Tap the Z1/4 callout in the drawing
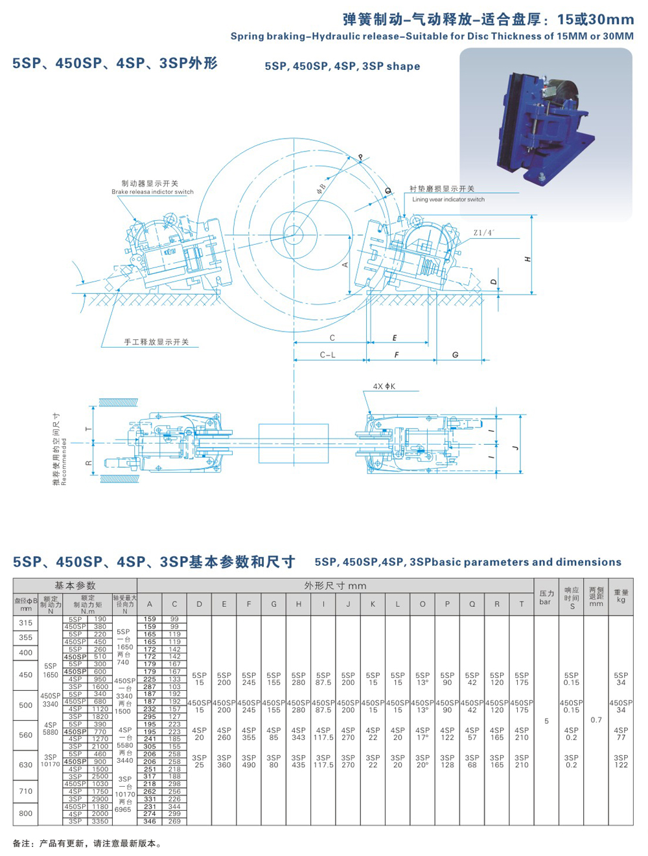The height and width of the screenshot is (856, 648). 483,232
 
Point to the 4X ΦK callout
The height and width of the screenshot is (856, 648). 384,387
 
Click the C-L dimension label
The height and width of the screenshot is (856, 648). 328,355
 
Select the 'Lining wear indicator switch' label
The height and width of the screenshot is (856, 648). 448,199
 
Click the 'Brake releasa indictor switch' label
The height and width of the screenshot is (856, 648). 152,192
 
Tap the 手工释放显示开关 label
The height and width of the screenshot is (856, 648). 156,342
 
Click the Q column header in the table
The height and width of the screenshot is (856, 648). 472,604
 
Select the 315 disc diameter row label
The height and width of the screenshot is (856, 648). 25,623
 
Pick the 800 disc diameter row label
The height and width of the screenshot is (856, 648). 25,813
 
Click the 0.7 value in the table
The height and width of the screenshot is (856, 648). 596,720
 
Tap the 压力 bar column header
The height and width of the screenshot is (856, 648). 546,597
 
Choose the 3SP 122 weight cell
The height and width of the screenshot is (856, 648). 621,761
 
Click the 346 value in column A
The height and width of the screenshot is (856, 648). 150,821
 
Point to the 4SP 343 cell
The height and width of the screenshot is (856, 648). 298,734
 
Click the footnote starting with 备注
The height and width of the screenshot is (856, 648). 87,844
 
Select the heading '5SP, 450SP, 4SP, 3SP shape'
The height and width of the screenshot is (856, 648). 342,67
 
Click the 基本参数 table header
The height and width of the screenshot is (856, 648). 75,585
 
